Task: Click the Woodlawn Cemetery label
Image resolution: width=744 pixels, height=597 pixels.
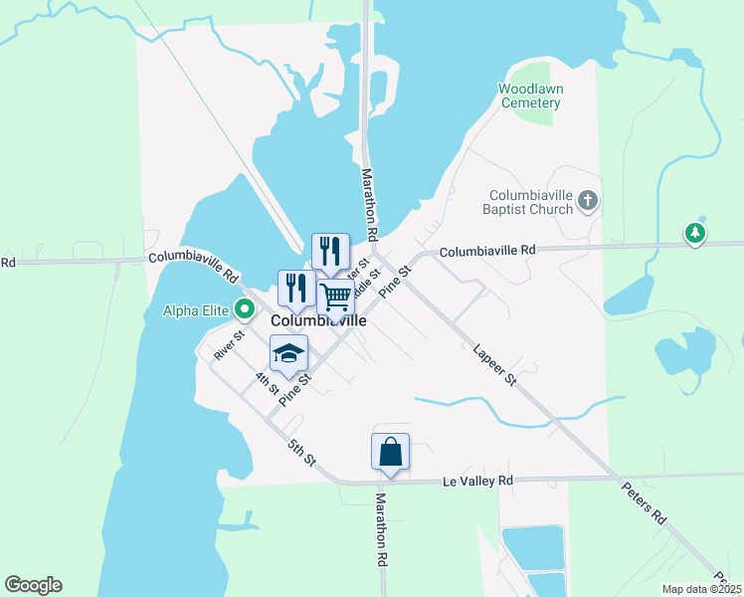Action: coord(530,96)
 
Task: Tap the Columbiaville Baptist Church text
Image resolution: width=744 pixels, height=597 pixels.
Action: coord(532,202)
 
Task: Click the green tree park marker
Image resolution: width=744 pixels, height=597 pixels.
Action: coord(695,234)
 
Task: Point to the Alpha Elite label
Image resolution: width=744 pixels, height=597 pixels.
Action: coord(197,309)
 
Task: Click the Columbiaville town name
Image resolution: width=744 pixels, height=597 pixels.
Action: coord(318,321)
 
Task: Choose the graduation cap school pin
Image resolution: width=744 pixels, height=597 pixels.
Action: coord(288,353)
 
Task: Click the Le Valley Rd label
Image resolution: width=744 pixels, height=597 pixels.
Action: coord(477,482)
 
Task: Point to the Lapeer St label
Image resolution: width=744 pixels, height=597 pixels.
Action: coord(494,365)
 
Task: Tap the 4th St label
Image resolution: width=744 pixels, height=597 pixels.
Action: coord(266,383)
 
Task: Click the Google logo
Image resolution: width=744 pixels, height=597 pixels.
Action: coord(33,585)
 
